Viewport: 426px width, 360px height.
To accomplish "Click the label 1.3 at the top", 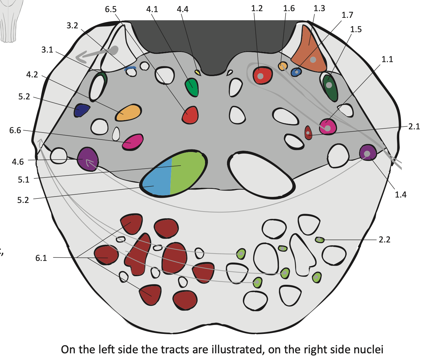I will tap(319, 9).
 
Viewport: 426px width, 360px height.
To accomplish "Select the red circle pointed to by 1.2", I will tap(262, 76).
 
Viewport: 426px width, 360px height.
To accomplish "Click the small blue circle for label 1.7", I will tap(296, 72).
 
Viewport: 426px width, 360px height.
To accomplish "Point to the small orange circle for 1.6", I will tap(283, 66).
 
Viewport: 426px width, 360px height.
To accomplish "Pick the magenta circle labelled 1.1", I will tap(328, 126).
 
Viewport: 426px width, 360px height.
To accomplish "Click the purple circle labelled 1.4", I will tap(368, 153).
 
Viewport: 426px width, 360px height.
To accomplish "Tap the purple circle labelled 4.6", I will tap(88, 159).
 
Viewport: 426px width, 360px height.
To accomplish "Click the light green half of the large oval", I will tap(186, 170).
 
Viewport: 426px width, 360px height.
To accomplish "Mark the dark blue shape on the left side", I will tap(82, 110).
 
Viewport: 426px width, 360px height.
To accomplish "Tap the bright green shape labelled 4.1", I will tap(192, 87).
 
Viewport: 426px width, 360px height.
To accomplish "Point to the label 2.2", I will tap(384, 240).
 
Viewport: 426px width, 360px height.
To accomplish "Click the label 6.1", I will tap(41, 258).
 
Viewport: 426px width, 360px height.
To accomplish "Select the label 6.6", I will tap(15, 130).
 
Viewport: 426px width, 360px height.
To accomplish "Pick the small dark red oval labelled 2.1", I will tap(308, 133).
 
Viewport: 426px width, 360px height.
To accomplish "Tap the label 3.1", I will tap(47, 50).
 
